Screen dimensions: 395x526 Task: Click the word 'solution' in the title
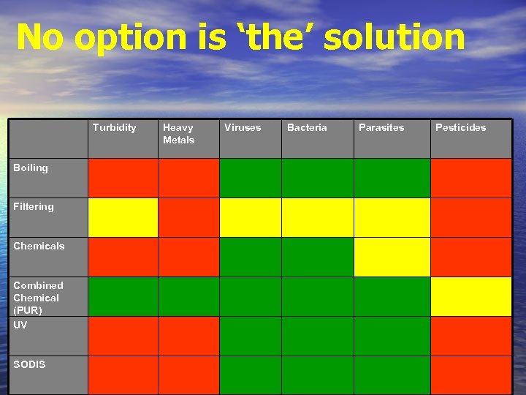point(394,37)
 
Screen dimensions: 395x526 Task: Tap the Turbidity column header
point(114,128)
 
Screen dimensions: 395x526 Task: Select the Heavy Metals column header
point(179,134)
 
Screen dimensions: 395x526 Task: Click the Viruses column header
point(243,128)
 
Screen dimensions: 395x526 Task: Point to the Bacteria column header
point(307,128)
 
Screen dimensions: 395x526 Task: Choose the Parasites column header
point(381,128)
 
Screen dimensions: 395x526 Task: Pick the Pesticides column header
point(460,128)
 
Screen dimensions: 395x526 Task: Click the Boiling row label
point(31,168)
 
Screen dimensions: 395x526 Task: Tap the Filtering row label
point(34,207)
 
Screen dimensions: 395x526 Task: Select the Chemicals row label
point(39,247)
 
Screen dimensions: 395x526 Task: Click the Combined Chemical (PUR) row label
point(38,298)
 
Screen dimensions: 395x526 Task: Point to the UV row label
point(20,325)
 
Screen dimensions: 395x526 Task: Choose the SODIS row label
point(29,364)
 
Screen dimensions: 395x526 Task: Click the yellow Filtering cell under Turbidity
point(123,217)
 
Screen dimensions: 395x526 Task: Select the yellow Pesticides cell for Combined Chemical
point(470,296)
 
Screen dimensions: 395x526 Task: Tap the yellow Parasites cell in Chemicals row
point(392,257)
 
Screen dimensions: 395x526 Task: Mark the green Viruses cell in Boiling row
point(250,178)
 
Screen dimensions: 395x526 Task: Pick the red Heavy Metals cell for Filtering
point(188,217)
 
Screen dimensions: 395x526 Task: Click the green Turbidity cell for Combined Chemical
point(123,296)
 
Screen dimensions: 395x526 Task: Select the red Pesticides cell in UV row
point(470,336)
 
